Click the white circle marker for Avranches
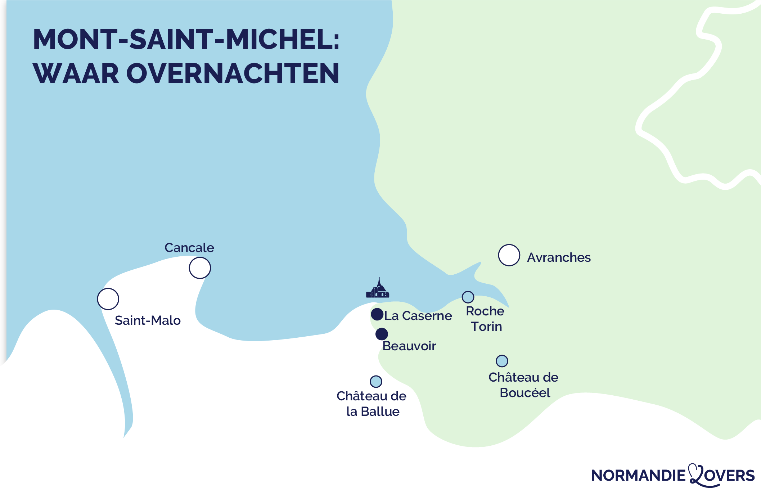click(x=509, y=255)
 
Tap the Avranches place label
click(x=559, y=258)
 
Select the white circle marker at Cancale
click(x=200, y=268)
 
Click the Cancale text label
click(x=189, y=248)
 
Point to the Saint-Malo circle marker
click(x=108, y=299)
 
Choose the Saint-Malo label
click(x=148, y=320)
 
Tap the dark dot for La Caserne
click(x=377, y=314)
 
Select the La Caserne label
click(x=418, y=316)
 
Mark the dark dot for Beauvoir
click(x=382, y=334)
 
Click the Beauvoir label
click(x=409, y=346)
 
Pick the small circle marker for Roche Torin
click(x=468, y=297)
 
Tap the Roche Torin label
click(x=485, y=319)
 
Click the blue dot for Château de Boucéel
click(x=502, y=361)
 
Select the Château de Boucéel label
click(x=524, y=385)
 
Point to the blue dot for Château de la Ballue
click(x=376, y=381)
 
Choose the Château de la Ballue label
click(x=372, y=404)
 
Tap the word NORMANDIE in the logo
click(x=638, y=476)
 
